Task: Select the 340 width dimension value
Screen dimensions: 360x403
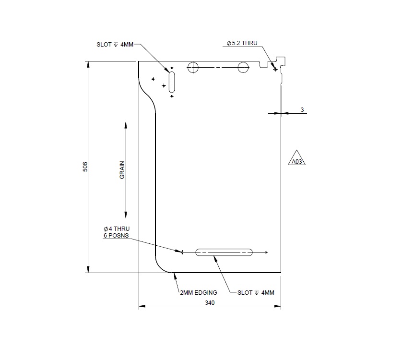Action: click(x=210, y=302)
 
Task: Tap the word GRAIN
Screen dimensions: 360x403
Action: click(x=122, y=170)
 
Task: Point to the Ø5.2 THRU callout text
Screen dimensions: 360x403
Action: click(x=242, y=43)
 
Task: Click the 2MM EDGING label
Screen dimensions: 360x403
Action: click(x=198, y=292)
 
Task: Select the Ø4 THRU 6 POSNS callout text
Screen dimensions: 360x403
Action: click(x=117, y=232)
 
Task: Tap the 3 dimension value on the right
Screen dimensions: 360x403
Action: click(x=302, y=110)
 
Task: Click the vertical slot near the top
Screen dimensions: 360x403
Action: click(x=172, y=81)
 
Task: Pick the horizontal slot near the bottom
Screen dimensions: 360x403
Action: click(x=224, y=252)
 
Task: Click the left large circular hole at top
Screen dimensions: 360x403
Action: click(x=193, y=67)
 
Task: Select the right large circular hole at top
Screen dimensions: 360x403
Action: click(x=243, y=67)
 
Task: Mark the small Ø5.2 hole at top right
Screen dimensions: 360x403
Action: click(x=275, y=70)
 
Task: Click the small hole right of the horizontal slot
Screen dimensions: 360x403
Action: click(x=266, y=252)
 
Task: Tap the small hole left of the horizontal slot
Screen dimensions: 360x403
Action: click(x=182, y=252)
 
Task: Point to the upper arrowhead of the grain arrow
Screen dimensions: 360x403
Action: click(x=126, y=125)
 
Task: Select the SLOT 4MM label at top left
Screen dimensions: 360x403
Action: click(x=115, y=45)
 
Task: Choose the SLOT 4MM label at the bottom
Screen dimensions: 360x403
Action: click(x=256, y=292)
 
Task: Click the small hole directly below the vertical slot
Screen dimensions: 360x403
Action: click(x=172, y=96)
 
